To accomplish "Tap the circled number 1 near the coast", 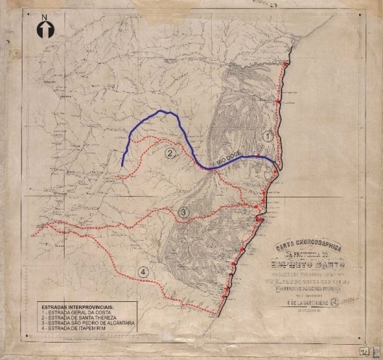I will pyautogui.click(x=268, y=136).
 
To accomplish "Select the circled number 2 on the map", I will pyautogui.click(x=170, y=153).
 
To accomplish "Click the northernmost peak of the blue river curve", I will pyautogui.click(x=164, y=110).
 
